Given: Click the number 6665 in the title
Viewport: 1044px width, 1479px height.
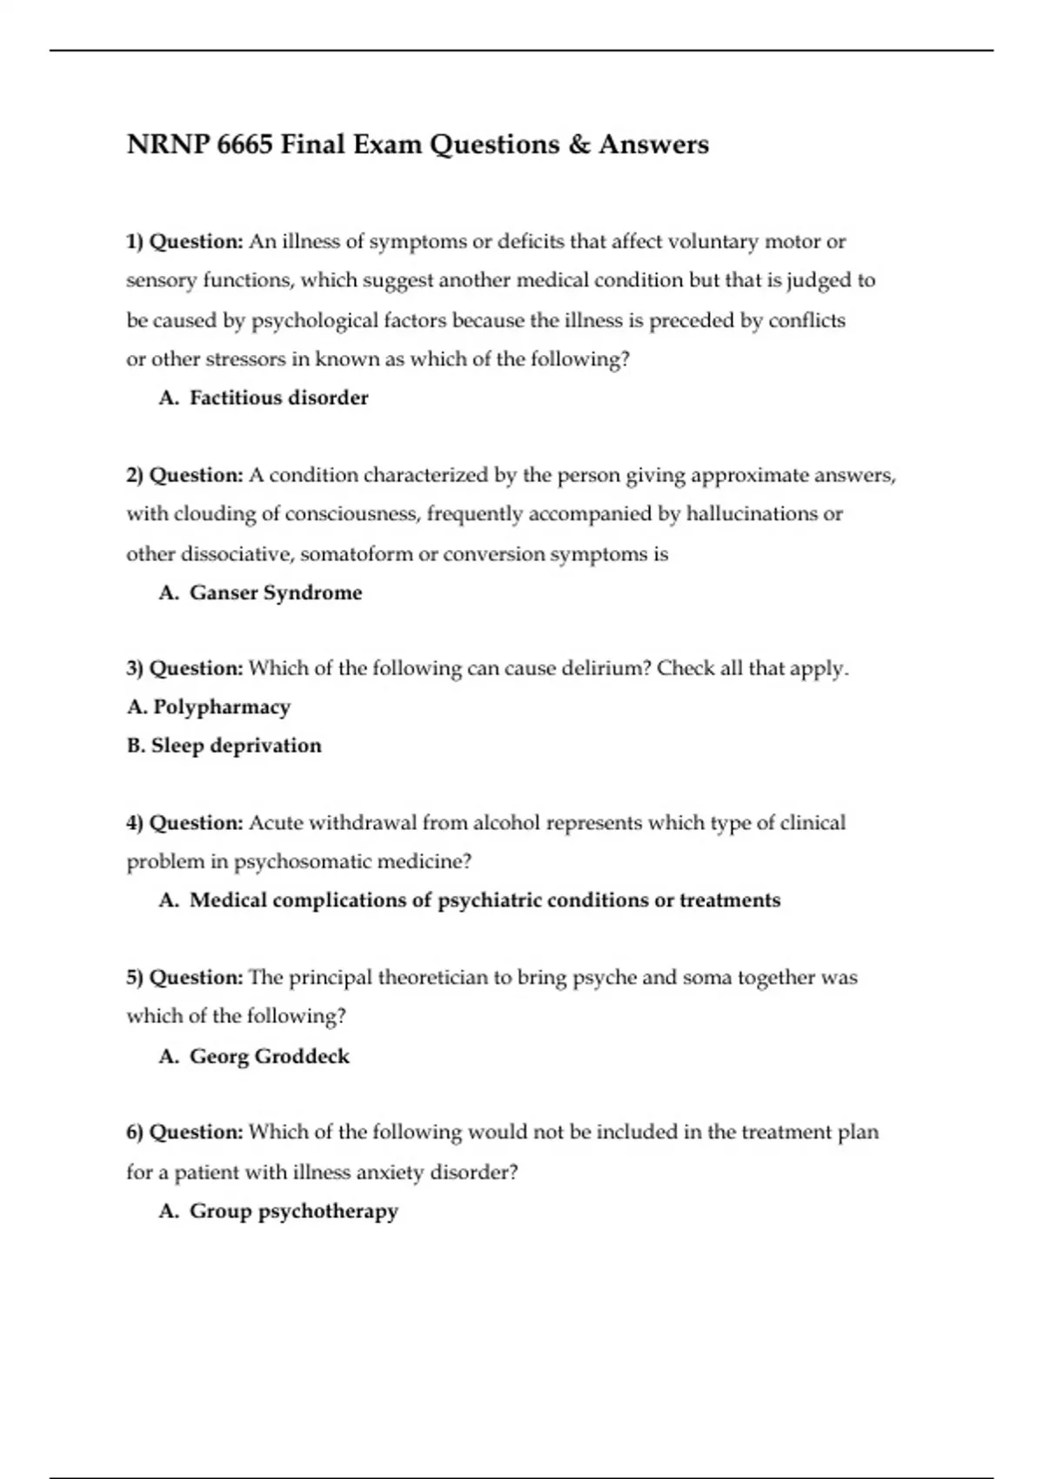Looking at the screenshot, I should click(x=244, y=144).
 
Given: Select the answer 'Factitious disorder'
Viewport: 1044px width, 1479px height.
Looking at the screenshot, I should click(x=278, y=398).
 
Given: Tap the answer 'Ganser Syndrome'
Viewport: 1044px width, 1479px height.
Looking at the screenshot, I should click(x=276, y=593).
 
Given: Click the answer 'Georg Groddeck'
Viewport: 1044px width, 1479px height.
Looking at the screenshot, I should click(x=270, y=1057).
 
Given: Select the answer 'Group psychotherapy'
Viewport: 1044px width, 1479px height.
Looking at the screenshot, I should click(x=293, y=1212).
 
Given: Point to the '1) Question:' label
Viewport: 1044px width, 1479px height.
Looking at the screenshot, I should click(x=184, y=242).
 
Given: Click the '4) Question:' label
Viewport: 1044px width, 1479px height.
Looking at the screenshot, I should click(x=184, y=823).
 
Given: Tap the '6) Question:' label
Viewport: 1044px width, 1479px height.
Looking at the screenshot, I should click(x=184, y=1133).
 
